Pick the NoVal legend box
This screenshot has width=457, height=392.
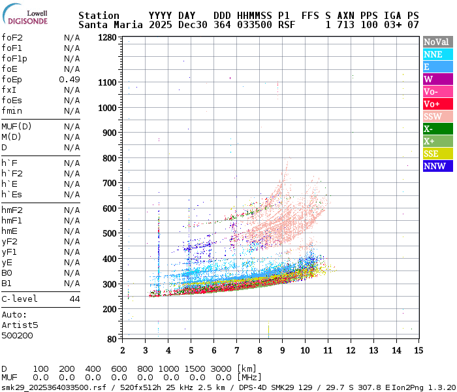click(x=437, y=42)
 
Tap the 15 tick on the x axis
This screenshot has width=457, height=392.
click(x=418, y=350)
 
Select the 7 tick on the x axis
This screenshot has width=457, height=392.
click(x=236, y=350)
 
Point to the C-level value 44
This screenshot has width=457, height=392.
click(x=74, y=299)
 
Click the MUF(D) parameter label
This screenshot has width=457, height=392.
click(x=17, y=126)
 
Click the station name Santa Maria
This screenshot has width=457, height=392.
click(x=108, y=25)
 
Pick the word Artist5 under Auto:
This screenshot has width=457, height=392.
click(x=20, y=325)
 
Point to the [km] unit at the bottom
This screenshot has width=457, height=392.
click(x=247, y=368)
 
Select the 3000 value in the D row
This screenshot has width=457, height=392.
click(x=221, y=368)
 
